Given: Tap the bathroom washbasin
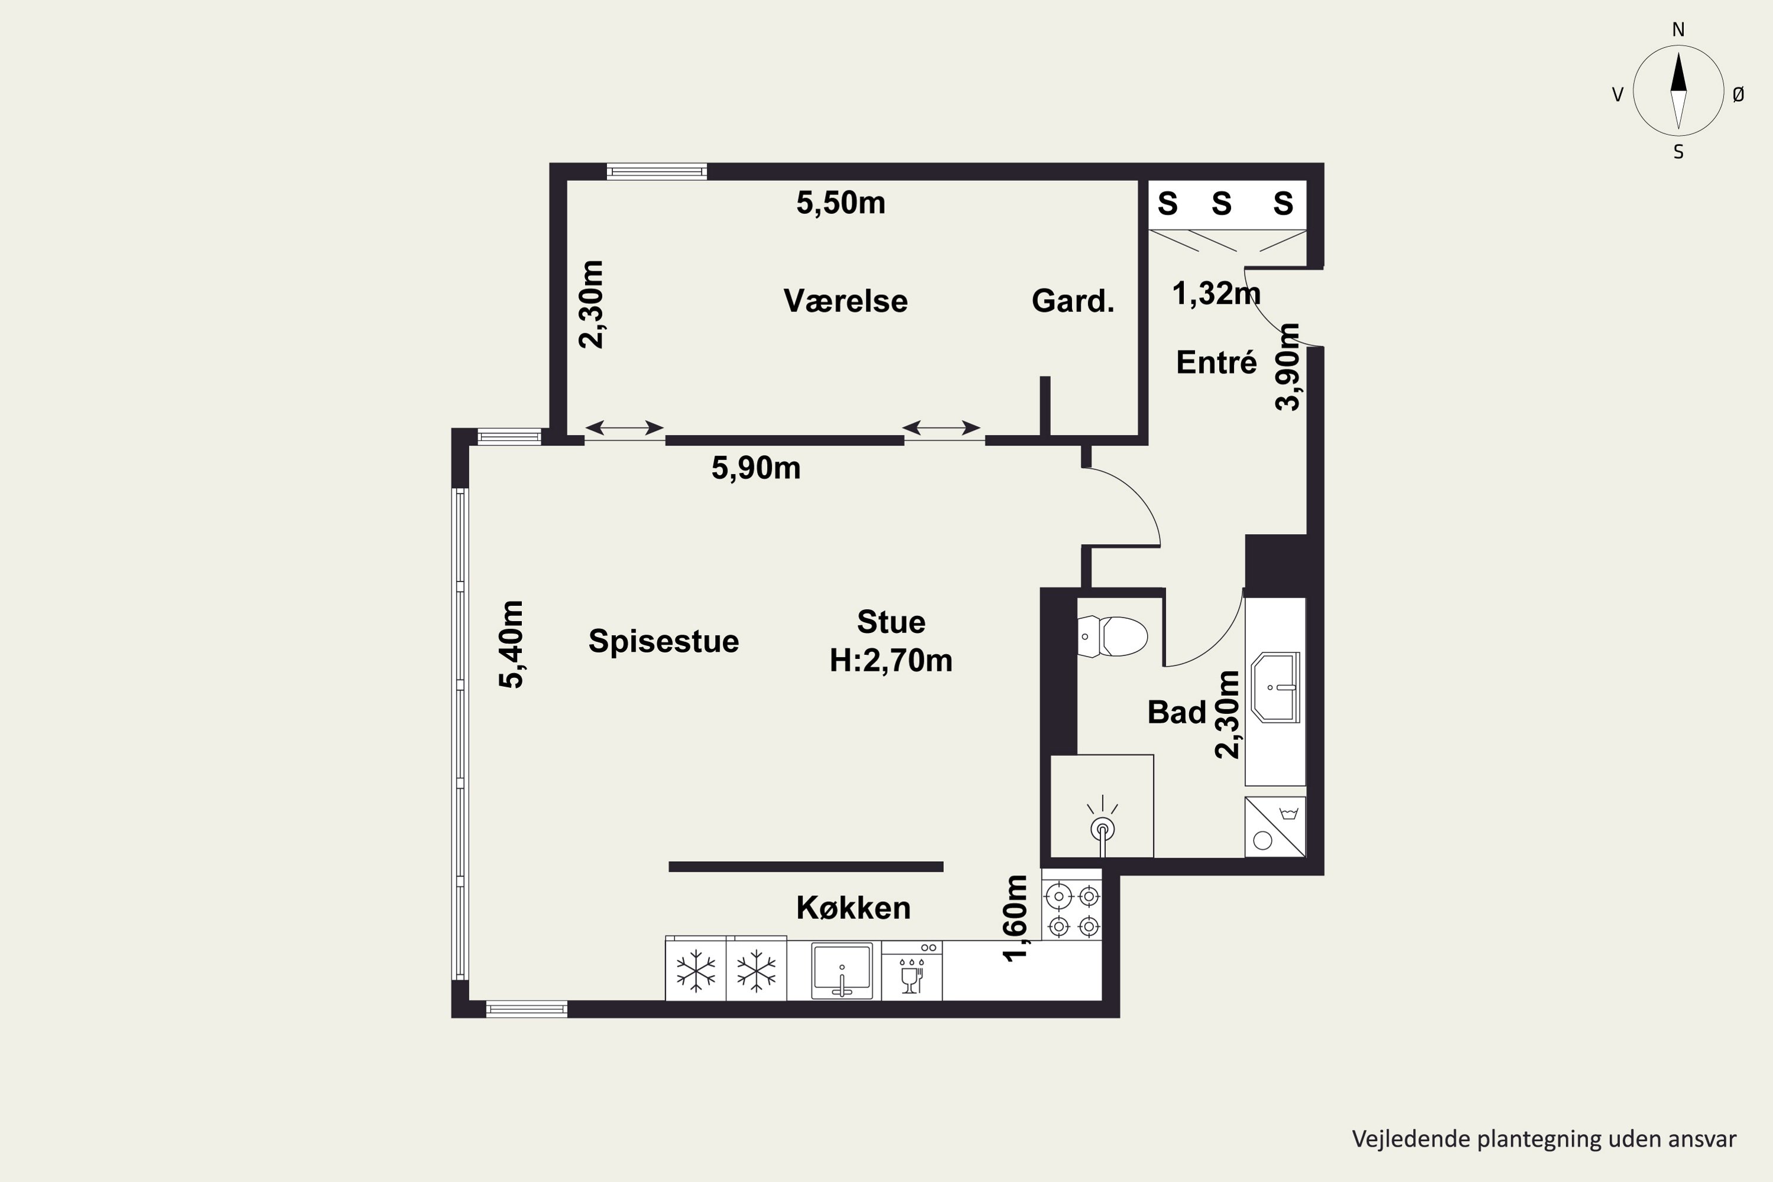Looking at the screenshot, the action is click(1275, 687).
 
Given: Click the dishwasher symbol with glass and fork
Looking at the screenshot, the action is click(912, 971).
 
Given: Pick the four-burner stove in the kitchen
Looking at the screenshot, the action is click(1072, 909).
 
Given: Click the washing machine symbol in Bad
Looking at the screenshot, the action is click(1275, 827).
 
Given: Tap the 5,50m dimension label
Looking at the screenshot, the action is click(840, 203).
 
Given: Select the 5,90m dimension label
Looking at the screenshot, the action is click(756, 468).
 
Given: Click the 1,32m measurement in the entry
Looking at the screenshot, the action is click(1216, 293).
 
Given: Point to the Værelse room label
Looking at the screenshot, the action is click(846, 301).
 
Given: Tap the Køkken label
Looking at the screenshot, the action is click(853, 908).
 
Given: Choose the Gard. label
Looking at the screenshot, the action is click(1073, 301).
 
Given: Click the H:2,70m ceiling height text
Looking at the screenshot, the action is click(891, 660).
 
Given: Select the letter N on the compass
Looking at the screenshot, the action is click(1678, 30).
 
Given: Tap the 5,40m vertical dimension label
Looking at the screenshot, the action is click(511, 645).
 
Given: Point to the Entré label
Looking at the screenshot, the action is click(1217, 363).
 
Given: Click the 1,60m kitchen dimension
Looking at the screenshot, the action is click(1015, 919).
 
